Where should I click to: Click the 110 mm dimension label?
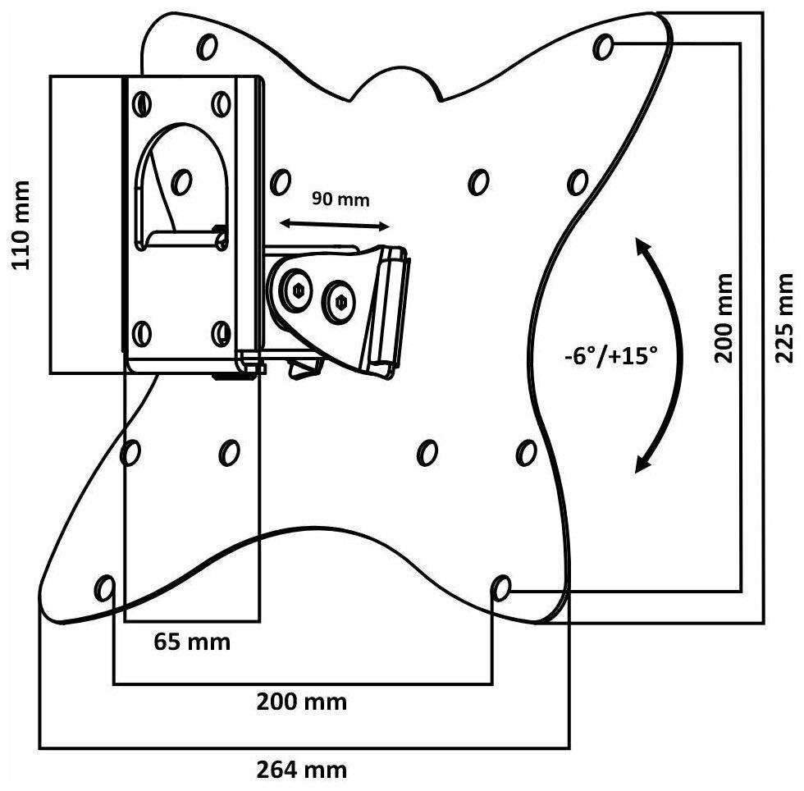[21, 225]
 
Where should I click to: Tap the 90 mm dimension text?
[340, 199]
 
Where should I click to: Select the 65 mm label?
[192, 642]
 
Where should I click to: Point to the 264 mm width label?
[302, 770]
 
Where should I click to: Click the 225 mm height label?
[783, 318]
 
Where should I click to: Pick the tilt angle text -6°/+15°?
[610, 355]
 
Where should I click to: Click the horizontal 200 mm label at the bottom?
[302, 702]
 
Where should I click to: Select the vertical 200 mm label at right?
[724, 318]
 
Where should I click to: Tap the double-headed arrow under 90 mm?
[335, 225]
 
